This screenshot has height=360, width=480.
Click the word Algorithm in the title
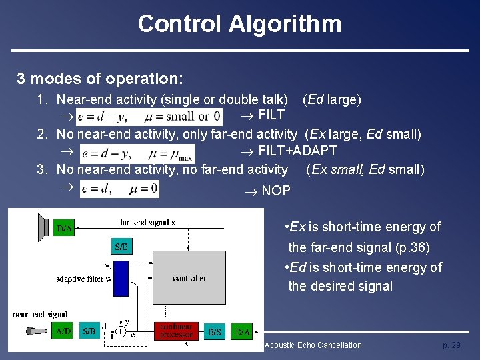pos(285,24)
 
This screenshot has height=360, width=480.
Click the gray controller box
pos(189,277)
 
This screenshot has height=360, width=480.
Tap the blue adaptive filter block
pos(121,278)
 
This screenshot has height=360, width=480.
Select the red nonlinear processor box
pos(176,331)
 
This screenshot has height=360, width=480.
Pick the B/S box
pos(215,331)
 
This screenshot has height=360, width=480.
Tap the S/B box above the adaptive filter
pos(121,247)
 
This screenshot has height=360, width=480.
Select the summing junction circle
pos(121,331)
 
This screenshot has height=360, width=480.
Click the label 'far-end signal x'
pos(147,222)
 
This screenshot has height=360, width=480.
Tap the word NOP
pos(275,191)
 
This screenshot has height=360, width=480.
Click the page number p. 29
pos(451,345)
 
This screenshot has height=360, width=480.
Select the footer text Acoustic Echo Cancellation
pos(313,345)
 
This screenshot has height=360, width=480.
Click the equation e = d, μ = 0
pos(119,190)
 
